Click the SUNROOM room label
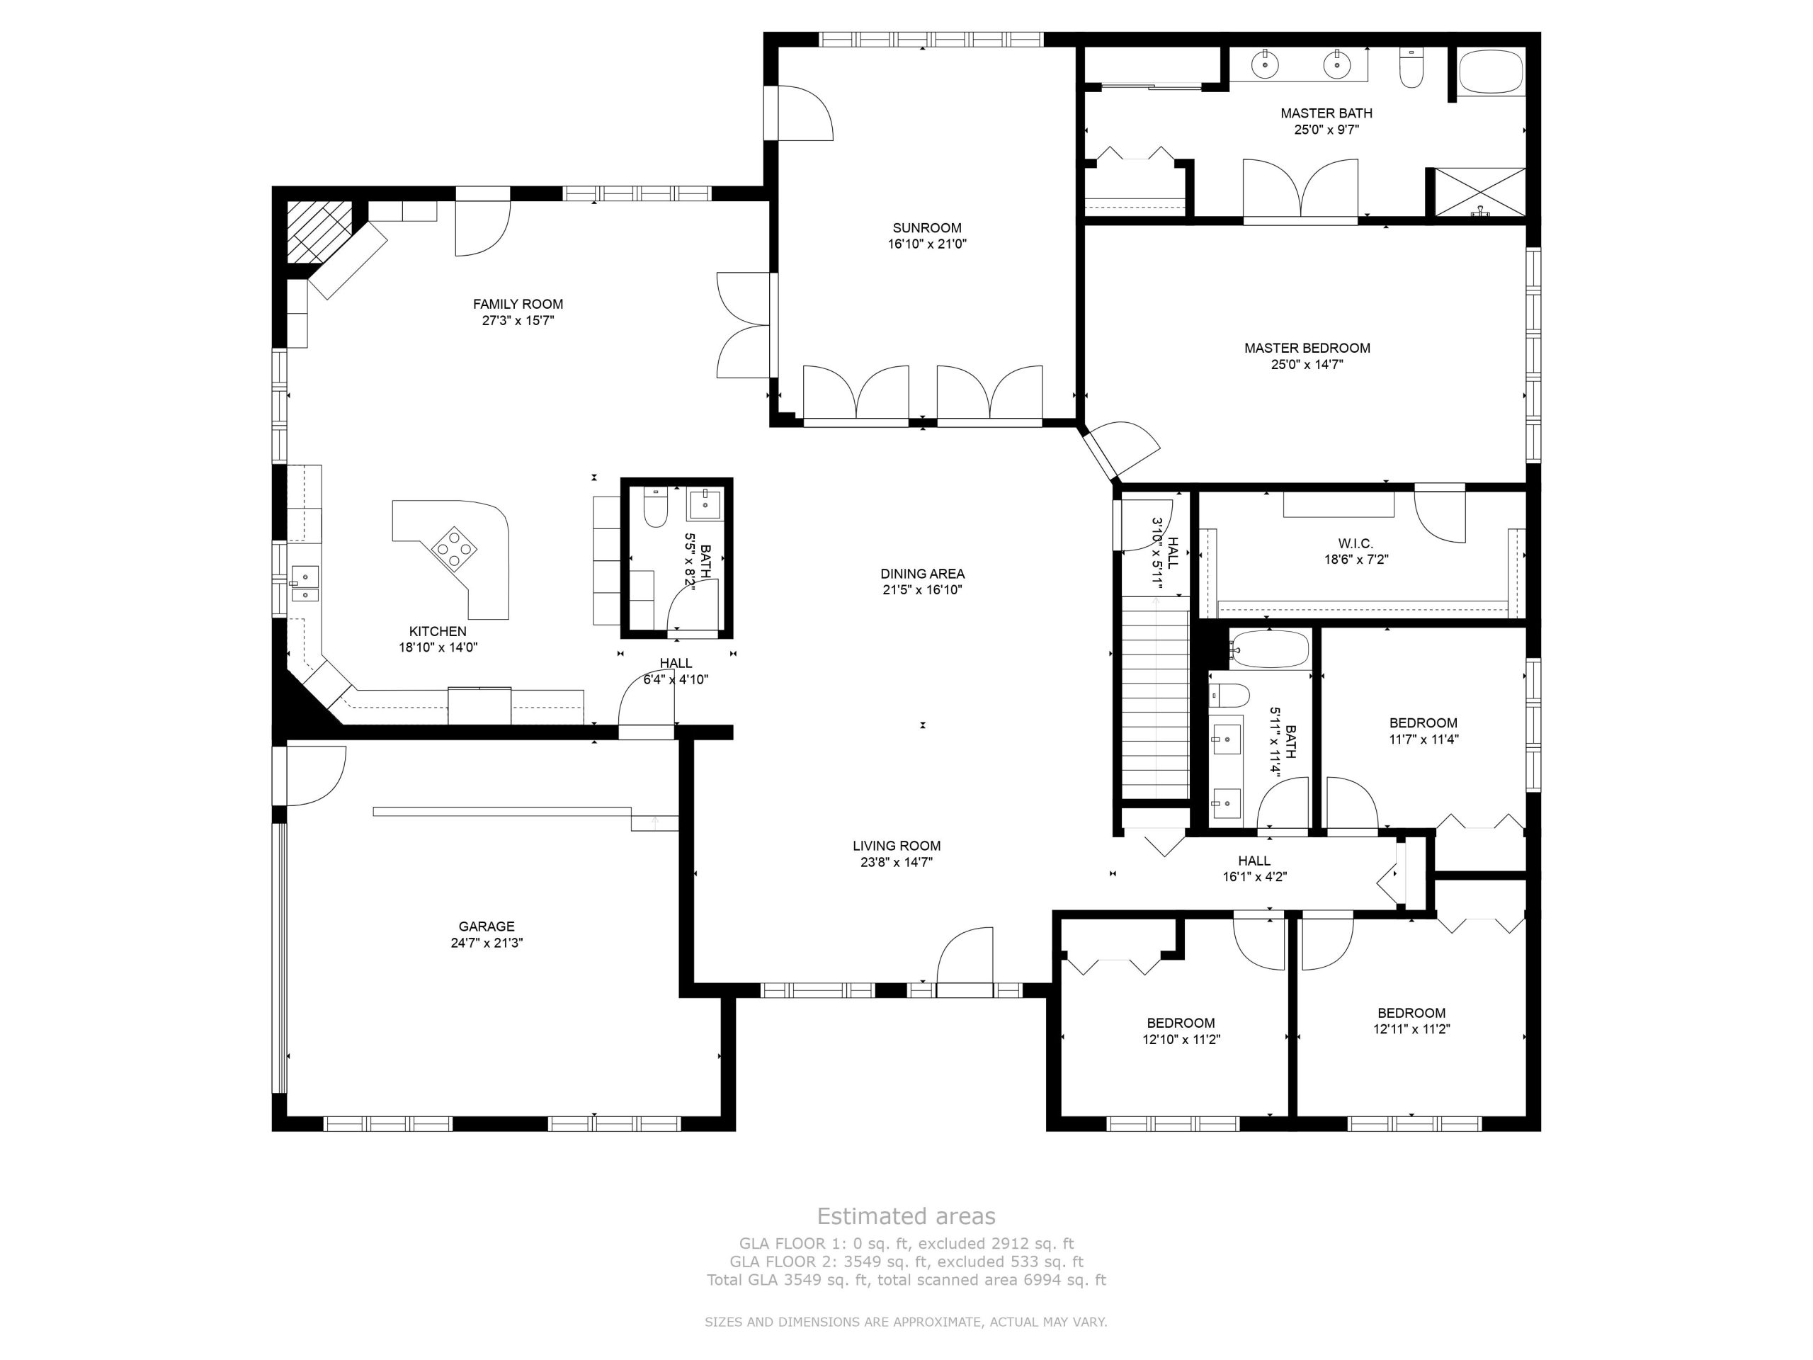click(927, 228)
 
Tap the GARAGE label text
click(486, 926)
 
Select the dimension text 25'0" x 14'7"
click(1307, 365)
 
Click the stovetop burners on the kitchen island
click(452, 547)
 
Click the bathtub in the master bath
click(1491, 73)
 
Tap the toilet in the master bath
click(1411, 68)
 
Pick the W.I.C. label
click(1356, 543)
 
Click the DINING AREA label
click(922, 574)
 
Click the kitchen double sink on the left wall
click(305, 584)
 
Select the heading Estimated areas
click(906, 1215)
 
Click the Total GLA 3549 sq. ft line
click(906, 1280)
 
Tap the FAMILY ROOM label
click(518, 304)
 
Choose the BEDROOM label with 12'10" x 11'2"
click(1181, 1023)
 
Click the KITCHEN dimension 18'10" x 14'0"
click(438, 647)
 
